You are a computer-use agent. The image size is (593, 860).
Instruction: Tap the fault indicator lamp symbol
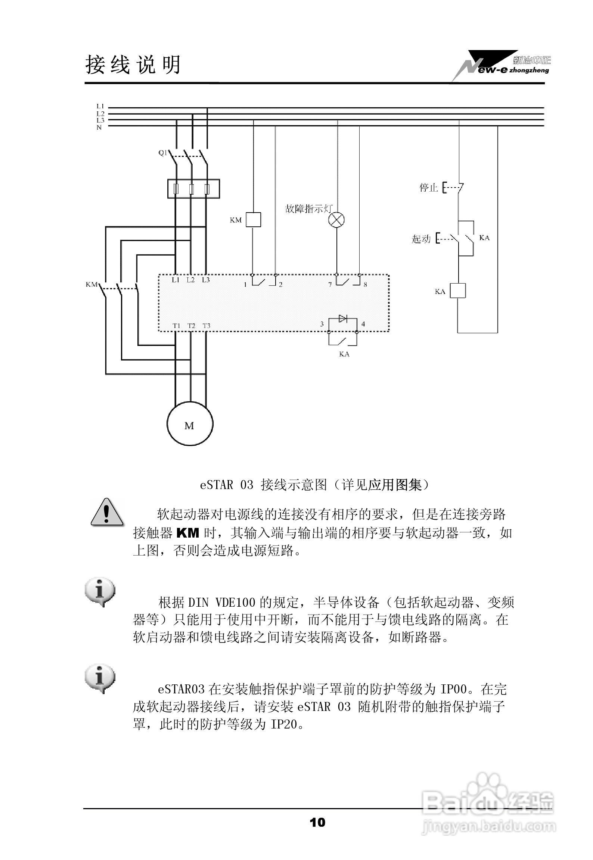[x=336, y=220]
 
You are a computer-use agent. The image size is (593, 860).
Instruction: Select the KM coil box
[x=254, y=220]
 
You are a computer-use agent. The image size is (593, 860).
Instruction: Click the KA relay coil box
[x=457, y=290]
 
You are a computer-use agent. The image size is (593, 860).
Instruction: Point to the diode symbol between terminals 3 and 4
[x=342, y=318]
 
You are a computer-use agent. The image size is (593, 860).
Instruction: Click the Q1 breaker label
[x=163, y=153]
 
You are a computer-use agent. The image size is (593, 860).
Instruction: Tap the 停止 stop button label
[x=428, y=187]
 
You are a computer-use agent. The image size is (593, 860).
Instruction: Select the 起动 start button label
[x=421, y=238]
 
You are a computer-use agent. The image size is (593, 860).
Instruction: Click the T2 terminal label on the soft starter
[x=191, y=326]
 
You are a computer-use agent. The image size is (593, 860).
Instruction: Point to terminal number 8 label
[x=365, y=284]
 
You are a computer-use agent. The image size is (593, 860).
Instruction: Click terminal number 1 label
[x=245, y=285]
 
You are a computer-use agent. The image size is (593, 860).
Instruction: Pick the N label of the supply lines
[x=99, y=128]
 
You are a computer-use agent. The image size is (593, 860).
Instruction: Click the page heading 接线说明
[x=133, y=65]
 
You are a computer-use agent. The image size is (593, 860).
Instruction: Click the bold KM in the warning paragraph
[x=187, y=533]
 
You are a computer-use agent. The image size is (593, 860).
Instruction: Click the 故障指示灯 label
[x=308, y=209]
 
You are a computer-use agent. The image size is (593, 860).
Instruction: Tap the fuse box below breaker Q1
[x=193, y=189]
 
